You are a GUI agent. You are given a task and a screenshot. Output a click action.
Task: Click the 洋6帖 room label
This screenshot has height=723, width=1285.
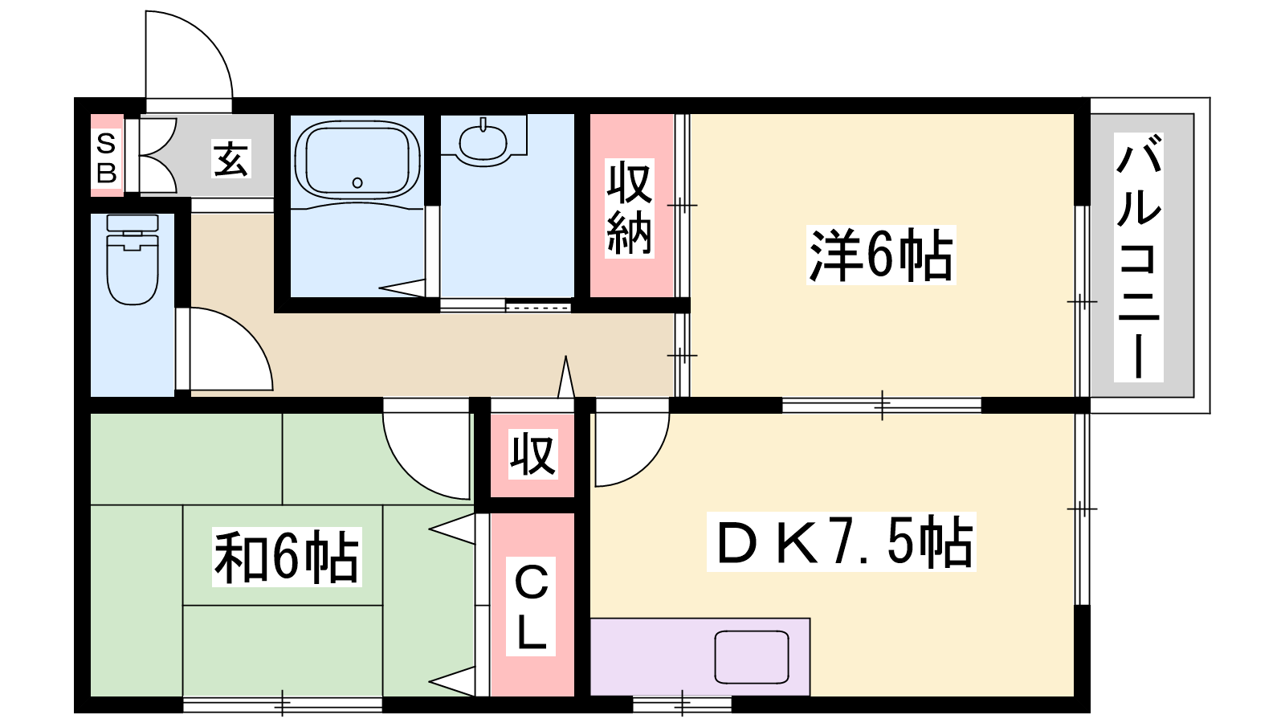tap(880, 255)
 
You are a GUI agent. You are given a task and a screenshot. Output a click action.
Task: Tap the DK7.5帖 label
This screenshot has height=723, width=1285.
tap(841, 541)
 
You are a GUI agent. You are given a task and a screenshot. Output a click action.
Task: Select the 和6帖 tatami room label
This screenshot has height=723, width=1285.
tap(286, 557)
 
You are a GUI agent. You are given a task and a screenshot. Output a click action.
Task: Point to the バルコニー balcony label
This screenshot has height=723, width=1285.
tap(1138, 257)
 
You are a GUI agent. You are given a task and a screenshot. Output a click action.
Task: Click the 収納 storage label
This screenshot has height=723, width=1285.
tap(630, 208)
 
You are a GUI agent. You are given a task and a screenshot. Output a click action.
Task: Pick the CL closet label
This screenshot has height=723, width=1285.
tap(531, 607)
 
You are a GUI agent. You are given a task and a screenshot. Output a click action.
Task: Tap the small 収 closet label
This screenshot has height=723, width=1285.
tap(532, 454)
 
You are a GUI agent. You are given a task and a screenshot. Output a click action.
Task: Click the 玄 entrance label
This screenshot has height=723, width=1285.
tap(231, 159)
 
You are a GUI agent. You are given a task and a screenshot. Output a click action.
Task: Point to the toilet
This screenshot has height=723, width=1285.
tap(133, 260)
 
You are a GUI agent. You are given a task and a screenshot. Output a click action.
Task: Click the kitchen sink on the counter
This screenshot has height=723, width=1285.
tap(752, 657)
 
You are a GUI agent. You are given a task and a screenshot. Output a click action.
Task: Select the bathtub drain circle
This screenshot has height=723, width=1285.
tap(357, 182)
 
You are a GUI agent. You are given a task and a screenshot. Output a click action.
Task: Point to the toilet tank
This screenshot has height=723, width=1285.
tap(133, 224)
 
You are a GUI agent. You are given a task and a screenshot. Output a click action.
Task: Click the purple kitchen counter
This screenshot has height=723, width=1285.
tap(700, 657)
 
